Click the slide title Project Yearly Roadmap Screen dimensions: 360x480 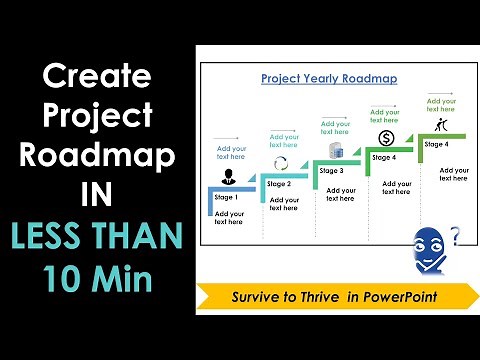pos(328,77)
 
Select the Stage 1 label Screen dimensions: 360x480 pos(228,197)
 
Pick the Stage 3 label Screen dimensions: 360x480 pos(331,170)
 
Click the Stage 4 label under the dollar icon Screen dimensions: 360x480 pos(384,157)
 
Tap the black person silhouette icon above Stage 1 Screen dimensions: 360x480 pos(229,177)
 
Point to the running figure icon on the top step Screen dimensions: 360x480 pos(438,124)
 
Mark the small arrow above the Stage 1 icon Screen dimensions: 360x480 pos(227,138)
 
